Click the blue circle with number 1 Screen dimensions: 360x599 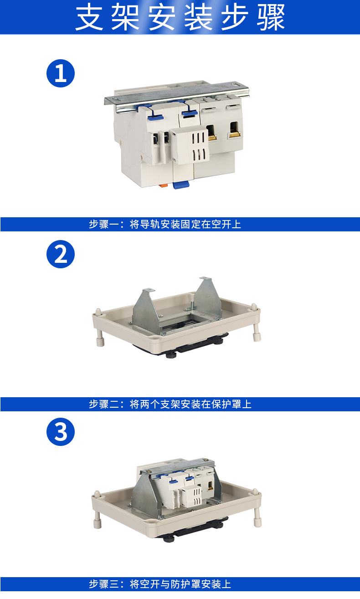coord(61,73)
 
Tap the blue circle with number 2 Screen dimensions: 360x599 coord(61,254)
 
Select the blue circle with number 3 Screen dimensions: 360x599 coord(61,432)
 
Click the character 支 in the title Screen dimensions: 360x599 coord(89,18)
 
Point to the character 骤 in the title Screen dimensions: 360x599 coord(271,18)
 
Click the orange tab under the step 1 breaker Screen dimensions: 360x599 coord(163,185)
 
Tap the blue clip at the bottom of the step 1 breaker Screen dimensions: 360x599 coord(181,184)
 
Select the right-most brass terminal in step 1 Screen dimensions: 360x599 coord(235,131)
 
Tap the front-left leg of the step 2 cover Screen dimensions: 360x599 coord(100,338)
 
